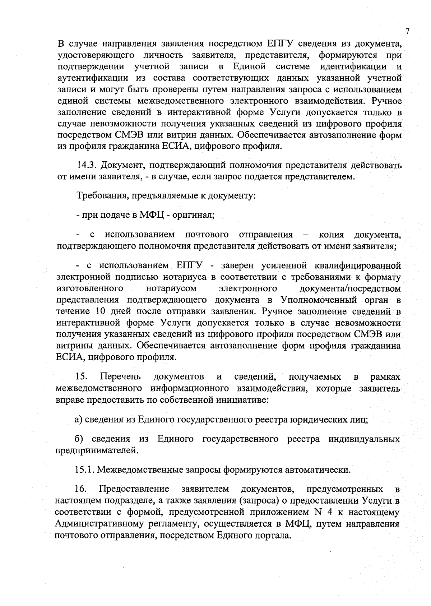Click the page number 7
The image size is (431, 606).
[408, 32]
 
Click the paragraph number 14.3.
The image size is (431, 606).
[86, 166]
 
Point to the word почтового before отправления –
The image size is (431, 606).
[207, 235]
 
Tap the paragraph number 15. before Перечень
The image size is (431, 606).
[82, 377]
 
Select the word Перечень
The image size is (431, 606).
[120, 377]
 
